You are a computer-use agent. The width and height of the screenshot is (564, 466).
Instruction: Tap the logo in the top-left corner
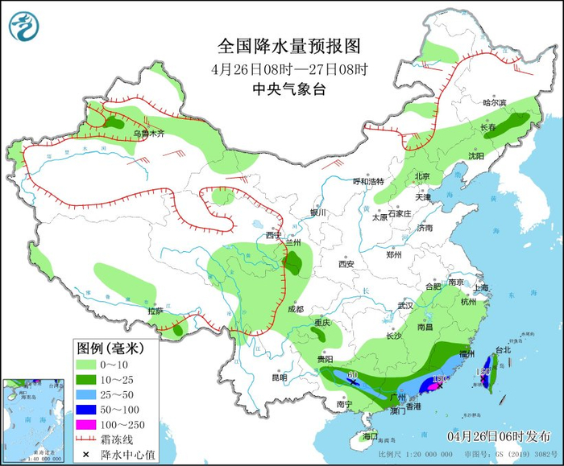click(x=24, y=26)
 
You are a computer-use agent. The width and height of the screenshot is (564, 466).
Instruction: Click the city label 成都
click(x=295, y=309)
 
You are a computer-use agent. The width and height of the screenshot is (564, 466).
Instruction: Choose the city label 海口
click(x=370, y=435)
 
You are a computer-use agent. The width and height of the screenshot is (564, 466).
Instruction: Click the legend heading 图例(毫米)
click(x=110, y=348)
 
